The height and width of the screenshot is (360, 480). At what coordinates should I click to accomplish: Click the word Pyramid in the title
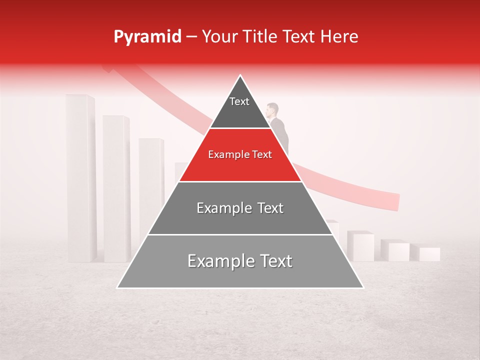147,37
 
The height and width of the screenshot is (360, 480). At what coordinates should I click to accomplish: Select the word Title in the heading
261,37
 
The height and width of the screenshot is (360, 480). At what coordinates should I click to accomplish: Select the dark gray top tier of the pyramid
240,107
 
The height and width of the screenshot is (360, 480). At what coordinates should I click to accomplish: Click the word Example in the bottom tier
218,261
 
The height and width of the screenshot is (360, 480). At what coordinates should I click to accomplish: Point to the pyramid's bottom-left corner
118,287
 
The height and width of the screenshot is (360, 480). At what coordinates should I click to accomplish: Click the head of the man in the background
272,109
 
